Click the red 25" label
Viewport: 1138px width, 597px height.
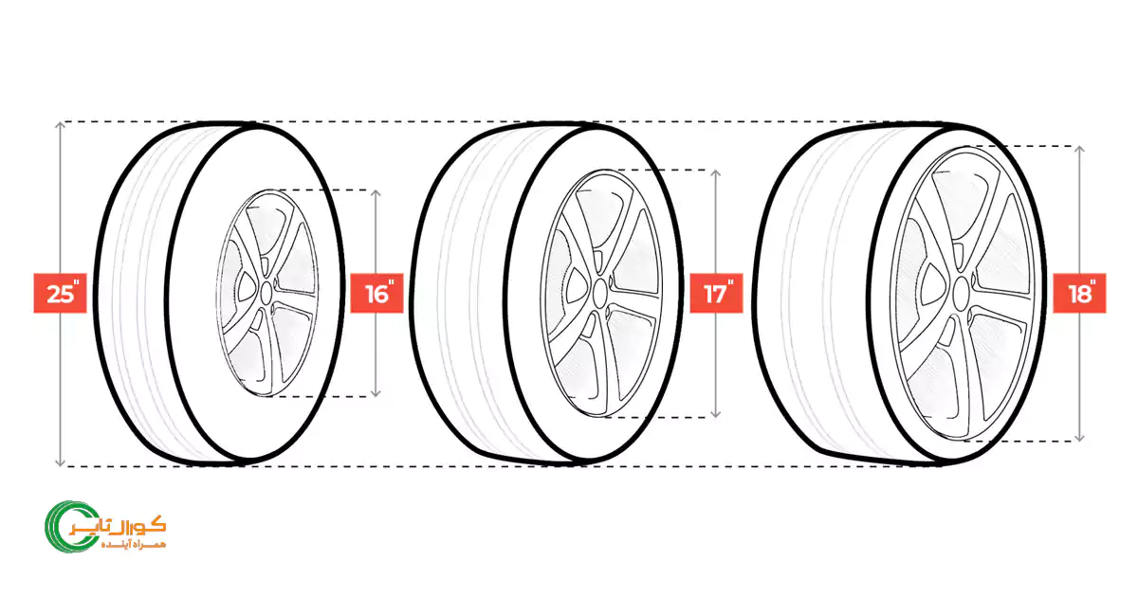pyautogui.click(x=60, y=293)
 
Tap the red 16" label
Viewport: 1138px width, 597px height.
pyautogui.click(x=377, y=293)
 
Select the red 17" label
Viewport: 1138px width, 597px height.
pyautogui.click(x=716, y=293)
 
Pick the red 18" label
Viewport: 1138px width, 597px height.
pyautogui.click(x=1079, y=293)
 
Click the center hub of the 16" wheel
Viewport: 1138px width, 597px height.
pyautogui.click(x=266, y=293)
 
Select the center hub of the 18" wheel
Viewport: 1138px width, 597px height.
pyautogui.click(x=962, y=294)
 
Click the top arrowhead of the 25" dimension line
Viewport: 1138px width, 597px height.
pyautogui.click(x=60, y=124)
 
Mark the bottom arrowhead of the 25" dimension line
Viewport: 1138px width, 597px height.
pyautogui.click(x=60, y=462)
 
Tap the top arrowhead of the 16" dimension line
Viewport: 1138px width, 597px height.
pyautogui.click(x=376, y=193)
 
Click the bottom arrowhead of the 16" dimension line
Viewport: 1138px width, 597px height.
pyautogui.click(x=376, y=393)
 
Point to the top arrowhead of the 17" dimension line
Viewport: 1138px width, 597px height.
pyautogui.click(x=715, y=173)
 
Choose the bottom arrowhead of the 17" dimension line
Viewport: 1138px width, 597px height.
pyautogui.click(x=715, y=414)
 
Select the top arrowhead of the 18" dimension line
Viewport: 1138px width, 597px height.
pyautogui.click(x=1080, y=150)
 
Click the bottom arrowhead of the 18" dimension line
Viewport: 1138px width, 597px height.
pyautogui.click(x=1080, y=438)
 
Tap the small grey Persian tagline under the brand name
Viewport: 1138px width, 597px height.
pyautogui.click(x=134, y=545)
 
